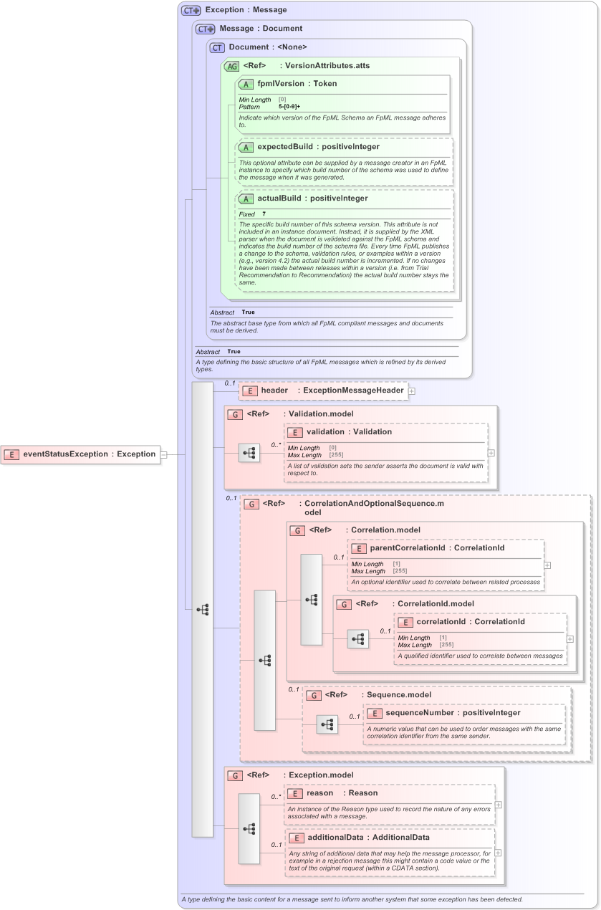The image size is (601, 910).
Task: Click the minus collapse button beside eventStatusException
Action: [x=164, y=454]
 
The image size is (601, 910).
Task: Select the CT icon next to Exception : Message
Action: [x=191, y=10]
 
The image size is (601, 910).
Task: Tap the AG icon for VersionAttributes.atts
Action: [x=231, y=66]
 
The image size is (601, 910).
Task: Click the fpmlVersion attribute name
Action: [x=280, y=84]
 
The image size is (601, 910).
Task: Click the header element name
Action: [x=274, y=391]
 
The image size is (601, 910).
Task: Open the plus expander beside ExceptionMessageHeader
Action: [x=412, y=391]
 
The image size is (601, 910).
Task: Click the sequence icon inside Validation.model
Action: [x=249, y=453]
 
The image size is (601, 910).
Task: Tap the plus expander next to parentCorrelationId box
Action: [x=547, y=565]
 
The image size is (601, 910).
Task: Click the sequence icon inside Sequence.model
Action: [x=327, y=724]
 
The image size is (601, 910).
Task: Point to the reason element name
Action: [x=319, y=793]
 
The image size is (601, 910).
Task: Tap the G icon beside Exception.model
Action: [x=234, y=775]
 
